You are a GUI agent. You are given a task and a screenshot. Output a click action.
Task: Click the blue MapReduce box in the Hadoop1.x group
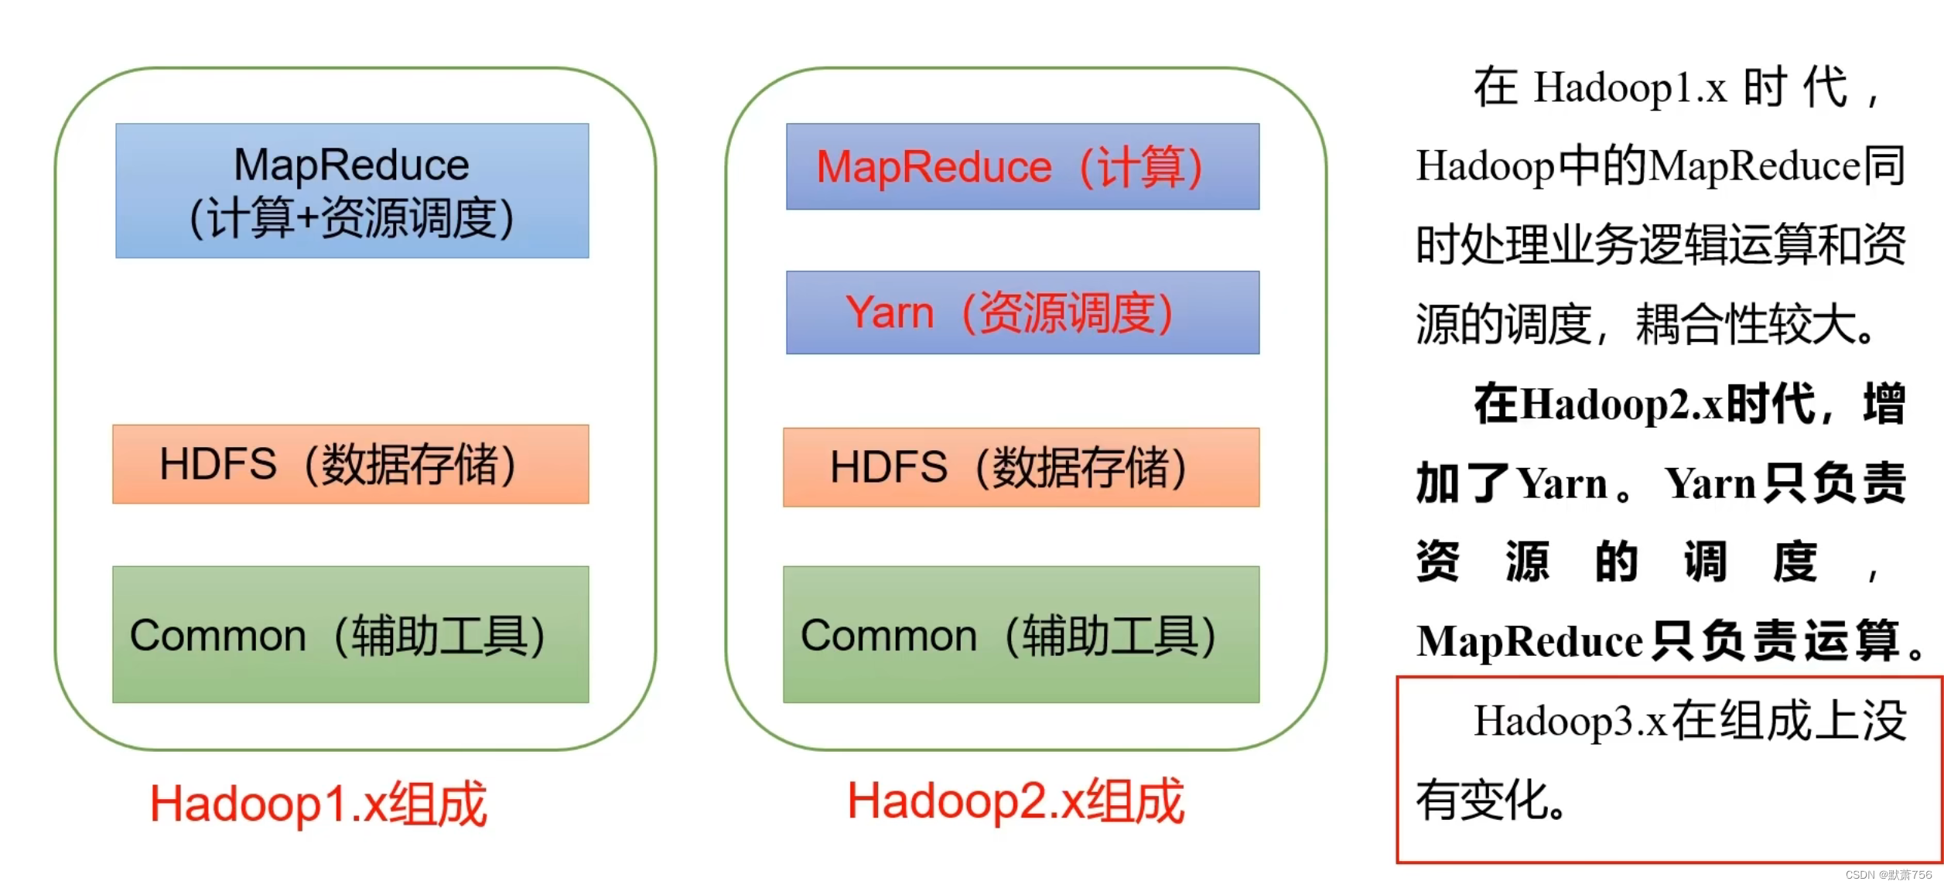point(352,190)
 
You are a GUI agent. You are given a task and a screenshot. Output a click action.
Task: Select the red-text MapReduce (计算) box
point(1022,166)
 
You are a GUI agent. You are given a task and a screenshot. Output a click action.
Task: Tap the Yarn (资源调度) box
point(1022,313)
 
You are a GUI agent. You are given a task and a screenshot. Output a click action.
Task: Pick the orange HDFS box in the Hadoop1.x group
point(350,464)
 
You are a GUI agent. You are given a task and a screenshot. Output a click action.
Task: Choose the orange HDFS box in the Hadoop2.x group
point(1020,467)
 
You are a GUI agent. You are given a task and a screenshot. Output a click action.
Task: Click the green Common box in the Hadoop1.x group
point(350,634)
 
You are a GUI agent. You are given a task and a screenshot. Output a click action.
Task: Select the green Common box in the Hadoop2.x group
point(1020,634)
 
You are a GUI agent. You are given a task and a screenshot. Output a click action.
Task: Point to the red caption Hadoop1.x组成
point(318,804)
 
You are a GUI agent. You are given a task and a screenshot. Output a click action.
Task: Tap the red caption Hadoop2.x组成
point(1015,801)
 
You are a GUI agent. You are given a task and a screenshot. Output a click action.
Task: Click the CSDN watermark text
point(1888,875)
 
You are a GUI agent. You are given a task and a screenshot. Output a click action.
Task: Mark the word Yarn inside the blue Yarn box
point(889,313)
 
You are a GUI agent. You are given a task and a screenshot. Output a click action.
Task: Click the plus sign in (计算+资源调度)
point(307,218)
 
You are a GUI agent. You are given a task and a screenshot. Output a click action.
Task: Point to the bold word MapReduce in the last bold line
point(1529,640)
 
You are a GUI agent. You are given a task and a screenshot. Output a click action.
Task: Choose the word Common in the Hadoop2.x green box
point(888,636)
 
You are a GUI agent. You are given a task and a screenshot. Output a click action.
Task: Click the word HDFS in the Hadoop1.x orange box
point(217,464)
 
